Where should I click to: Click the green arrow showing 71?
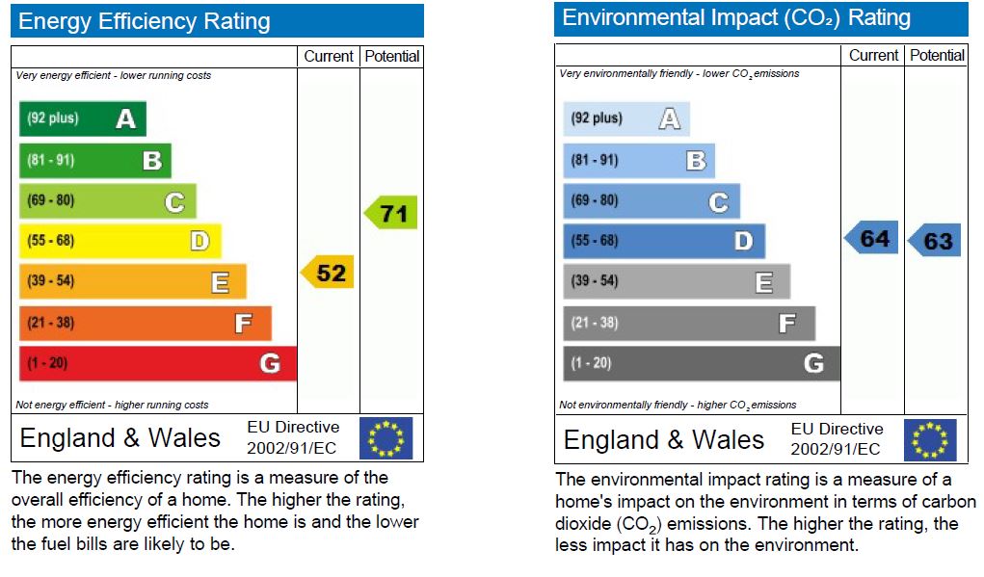(391, 213)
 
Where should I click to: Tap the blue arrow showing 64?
(872, 238)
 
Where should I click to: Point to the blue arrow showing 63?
(935, 241)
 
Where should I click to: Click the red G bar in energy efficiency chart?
(157, 363)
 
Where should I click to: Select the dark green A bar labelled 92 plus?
(83, 118)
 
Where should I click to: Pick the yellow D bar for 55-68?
(120, 241)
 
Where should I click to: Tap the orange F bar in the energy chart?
(145, 323)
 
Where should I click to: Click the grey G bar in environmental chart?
(701, 363)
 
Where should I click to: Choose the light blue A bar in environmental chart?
(626, 118)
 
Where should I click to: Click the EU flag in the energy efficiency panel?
(386, 438)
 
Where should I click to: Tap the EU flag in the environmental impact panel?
(930, 440)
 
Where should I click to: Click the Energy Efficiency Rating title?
(145, 21)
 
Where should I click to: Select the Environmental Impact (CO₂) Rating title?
(736, 18)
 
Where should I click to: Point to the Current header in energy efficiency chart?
(329, 56)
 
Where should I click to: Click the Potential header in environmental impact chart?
(937, 55)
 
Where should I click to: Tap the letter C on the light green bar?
(174, 202)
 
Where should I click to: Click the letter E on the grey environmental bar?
(763, 282)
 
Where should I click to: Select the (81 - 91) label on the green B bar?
(53, 160)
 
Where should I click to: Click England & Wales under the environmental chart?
(663, 440)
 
